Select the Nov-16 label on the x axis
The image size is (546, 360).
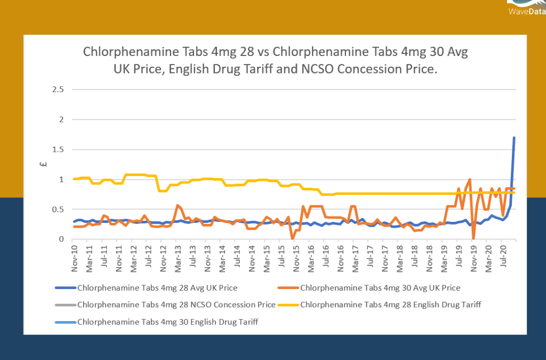(339, 254)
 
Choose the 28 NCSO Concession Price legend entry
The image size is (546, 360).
(176, 305)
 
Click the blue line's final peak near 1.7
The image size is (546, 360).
(514, 138)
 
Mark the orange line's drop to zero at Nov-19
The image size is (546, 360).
(473, 238)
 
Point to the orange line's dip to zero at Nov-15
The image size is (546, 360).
(292, 238)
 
